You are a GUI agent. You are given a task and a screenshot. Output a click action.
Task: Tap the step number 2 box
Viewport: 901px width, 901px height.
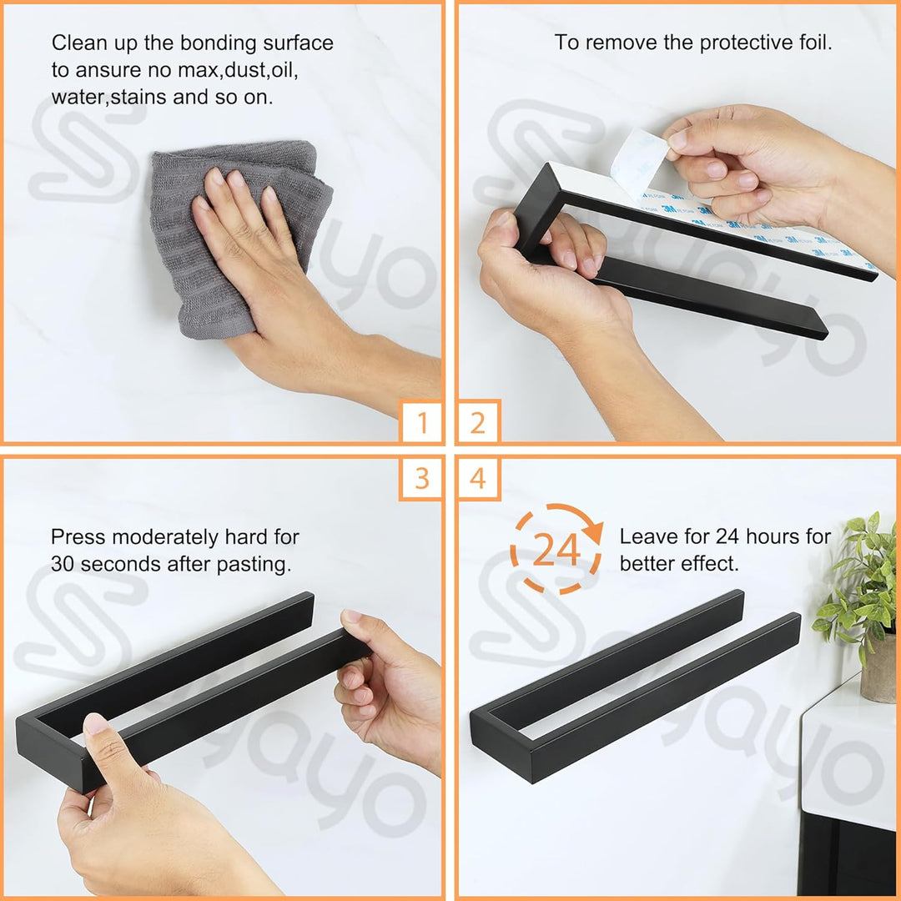pos(479,420)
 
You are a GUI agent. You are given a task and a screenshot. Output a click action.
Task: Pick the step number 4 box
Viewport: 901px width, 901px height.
pos(479,479)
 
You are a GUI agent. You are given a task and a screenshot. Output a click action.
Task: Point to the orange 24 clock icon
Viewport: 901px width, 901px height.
pos(556,549)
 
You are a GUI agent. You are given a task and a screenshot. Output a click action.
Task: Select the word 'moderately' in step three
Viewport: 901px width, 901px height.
pos(165,537)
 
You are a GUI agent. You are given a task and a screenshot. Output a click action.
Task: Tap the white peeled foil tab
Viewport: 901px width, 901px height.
pos(639,163)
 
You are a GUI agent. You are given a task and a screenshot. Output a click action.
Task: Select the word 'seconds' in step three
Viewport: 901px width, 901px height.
pos(117,564)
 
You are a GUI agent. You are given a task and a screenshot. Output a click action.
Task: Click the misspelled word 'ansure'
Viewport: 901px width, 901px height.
pos(108,71)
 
